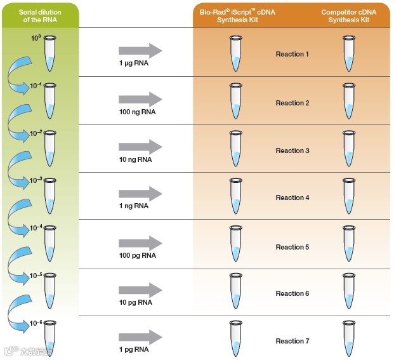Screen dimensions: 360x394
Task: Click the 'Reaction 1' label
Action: (x=292, y=55)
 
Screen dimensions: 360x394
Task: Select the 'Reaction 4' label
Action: (x=292, y=198)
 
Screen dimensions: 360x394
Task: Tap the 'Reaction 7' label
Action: (x=292, y=342)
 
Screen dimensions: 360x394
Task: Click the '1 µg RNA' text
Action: (x=133, y=63)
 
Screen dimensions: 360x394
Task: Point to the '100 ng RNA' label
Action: (x=137, y=112)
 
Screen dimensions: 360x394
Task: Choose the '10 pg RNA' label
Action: (x=136, y=303)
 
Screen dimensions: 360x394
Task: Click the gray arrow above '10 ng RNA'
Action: (x=140, y=147)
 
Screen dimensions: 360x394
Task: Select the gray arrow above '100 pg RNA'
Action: (x=140, y=243)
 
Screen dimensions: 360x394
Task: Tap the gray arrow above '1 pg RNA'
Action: (x=140, y=337)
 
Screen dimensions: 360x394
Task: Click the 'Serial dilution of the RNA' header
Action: (x=39, y=15)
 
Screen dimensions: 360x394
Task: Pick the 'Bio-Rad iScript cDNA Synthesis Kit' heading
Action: (x=234, y=15)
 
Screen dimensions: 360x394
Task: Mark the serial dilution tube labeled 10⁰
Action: (x=51, y=53)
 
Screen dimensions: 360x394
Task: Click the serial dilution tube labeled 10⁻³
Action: (x=51, y=196)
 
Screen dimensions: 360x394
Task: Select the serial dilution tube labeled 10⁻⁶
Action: (x=51, y=337)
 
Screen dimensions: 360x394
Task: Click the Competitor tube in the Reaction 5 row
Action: (x=348, y=244)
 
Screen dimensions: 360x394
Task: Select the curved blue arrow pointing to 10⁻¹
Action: (x=17, y=76)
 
